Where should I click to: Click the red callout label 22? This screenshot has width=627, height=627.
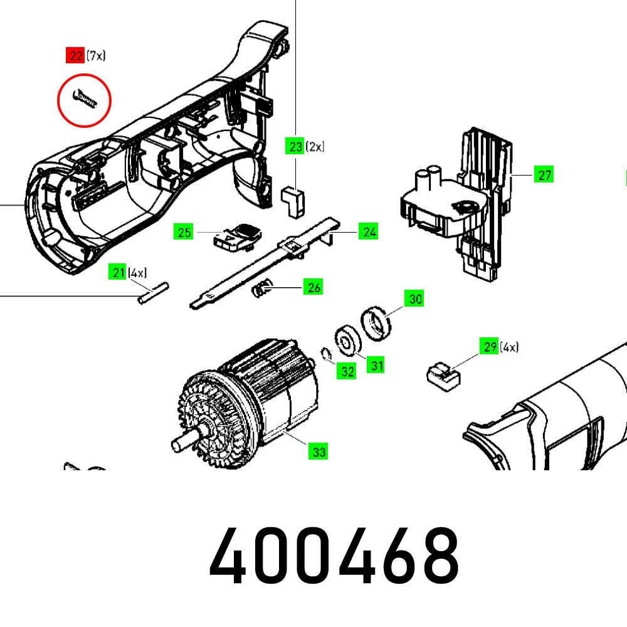coord(76,56)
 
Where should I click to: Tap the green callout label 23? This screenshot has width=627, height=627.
coord(295,147)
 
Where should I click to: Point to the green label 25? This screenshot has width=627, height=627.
coord(184,233)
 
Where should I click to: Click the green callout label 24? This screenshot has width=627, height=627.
coord(369,232)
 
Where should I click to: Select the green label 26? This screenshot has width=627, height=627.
coord(313,288)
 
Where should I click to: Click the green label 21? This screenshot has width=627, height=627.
coord(117,273)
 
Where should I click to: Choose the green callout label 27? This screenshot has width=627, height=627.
coord(544,175)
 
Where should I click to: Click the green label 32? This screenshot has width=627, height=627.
coord(346,371)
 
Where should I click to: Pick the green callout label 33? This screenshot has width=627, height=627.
coord(319,451)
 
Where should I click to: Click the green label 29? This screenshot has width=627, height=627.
coord(490,346)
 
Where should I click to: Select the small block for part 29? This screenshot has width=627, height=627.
coord(442,374)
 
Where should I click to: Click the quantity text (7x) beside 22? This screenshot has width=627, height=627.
coord(96,56)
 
